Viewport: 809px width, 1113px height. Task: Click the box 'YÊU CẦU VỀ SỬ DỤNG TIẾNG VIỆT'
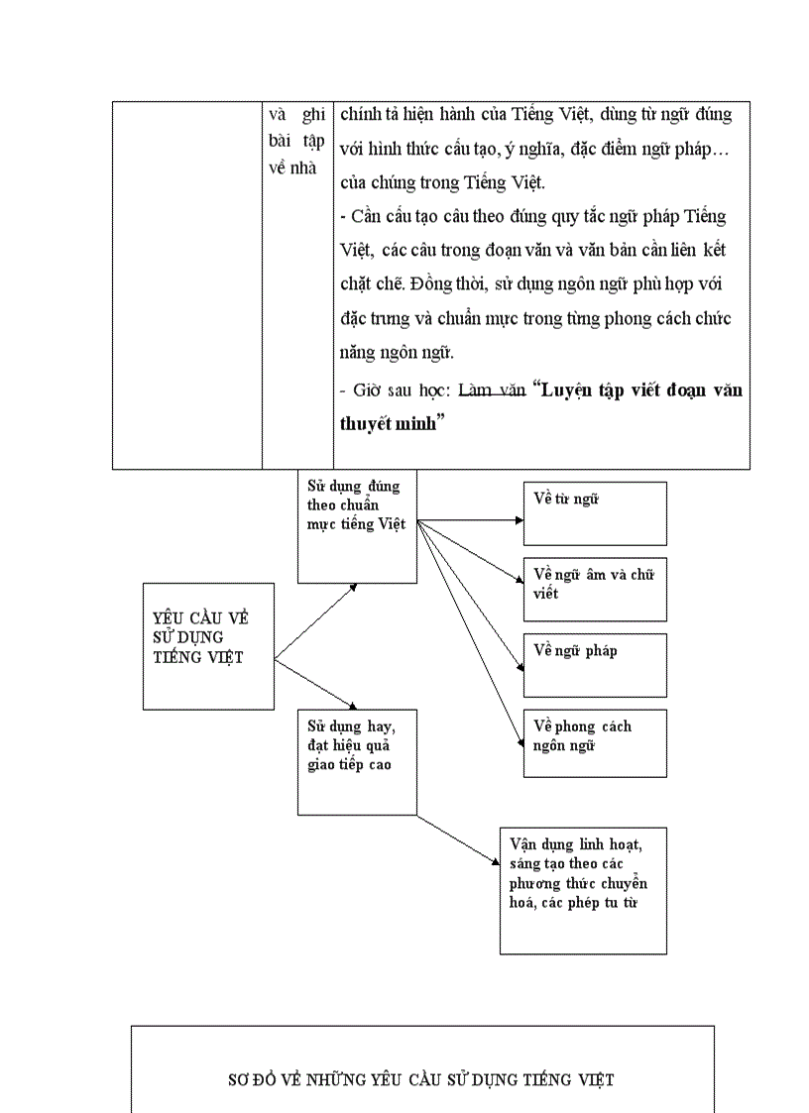click(208, 646)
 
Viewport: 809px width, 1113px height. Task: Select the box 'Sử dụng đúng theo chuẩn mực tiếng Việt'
click(357, 525)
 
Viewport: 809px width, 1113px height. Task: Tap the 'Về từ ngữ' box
click(595, 513)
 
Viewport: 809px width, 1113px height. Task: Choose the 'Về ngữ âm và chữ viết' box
click(595, 589)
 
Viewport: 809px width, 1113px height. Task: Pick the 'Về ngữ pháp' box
click(595, 665)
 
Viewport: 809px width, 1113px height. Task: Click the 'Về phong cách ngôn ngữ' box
click(595, 742)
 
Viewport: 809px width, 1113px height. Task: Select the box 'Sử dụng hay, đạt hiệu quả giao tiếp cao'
click(357, 761)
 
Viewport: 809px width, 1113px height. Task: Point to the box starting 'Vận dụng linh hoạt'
click(583, 890)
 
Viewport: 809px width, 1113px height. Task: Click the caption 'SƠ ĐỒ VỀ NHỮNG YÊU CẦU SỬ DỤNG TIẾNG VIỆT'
click(421, 1079)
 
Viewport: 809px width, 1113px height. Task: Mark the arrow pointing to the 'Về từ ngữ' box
click(471, 518)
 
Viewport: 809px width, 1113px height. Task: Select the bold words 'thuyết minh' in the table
click(388, 423)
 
